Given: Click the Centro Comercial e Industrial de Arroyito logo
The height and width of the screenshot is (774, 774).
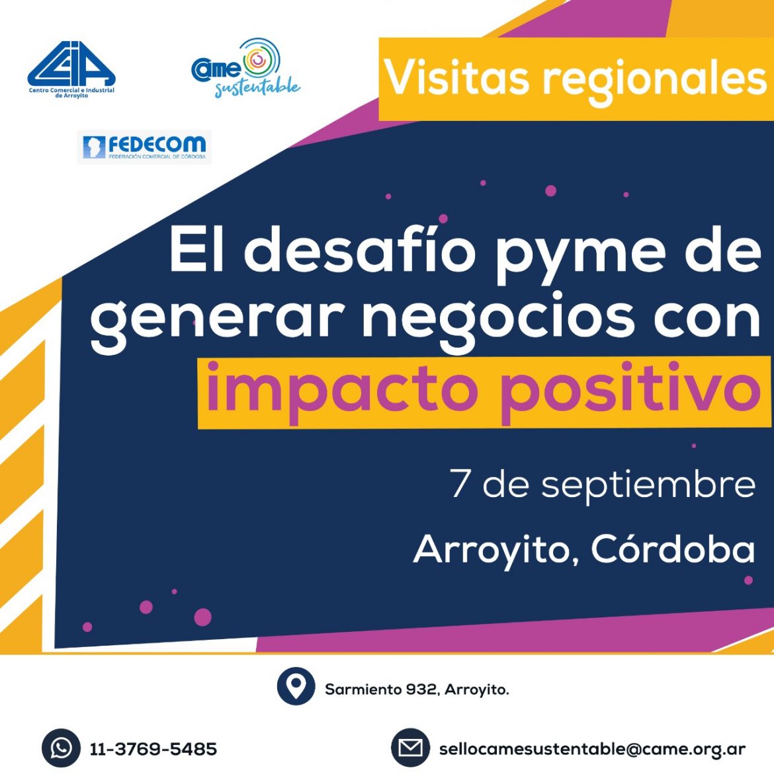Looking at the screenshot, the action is (71, 69).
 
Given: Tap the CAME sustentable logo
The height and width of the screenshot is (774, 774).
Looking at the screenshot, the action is (245, 67).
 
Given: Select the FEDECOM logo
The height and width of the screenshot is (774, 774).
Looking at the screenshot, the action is (144, 147).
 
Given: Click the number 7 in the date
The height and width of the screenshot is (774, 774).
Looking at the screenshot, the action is (459, 483).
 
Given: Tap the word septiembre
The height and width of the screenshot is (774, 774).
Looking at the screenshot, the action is (648, 486).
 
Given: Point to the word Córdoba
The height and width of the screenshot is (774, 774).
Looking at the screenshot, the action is (673, 549).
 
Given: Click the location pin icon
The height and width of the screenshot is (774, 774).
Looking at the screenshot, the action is (296, 686).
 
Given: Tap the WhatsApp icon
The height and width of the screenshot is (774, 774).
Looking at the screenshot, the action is (61, 748).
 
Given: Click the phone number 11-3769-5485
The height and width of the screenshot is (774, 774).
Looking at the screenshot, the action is (153, 750).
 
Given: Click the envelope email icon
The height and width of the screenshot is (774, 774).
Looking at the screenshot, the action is (410, 748).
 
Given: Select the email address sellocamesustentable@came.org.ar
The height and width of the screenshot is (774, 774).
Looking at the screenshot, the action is (592, 750).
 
